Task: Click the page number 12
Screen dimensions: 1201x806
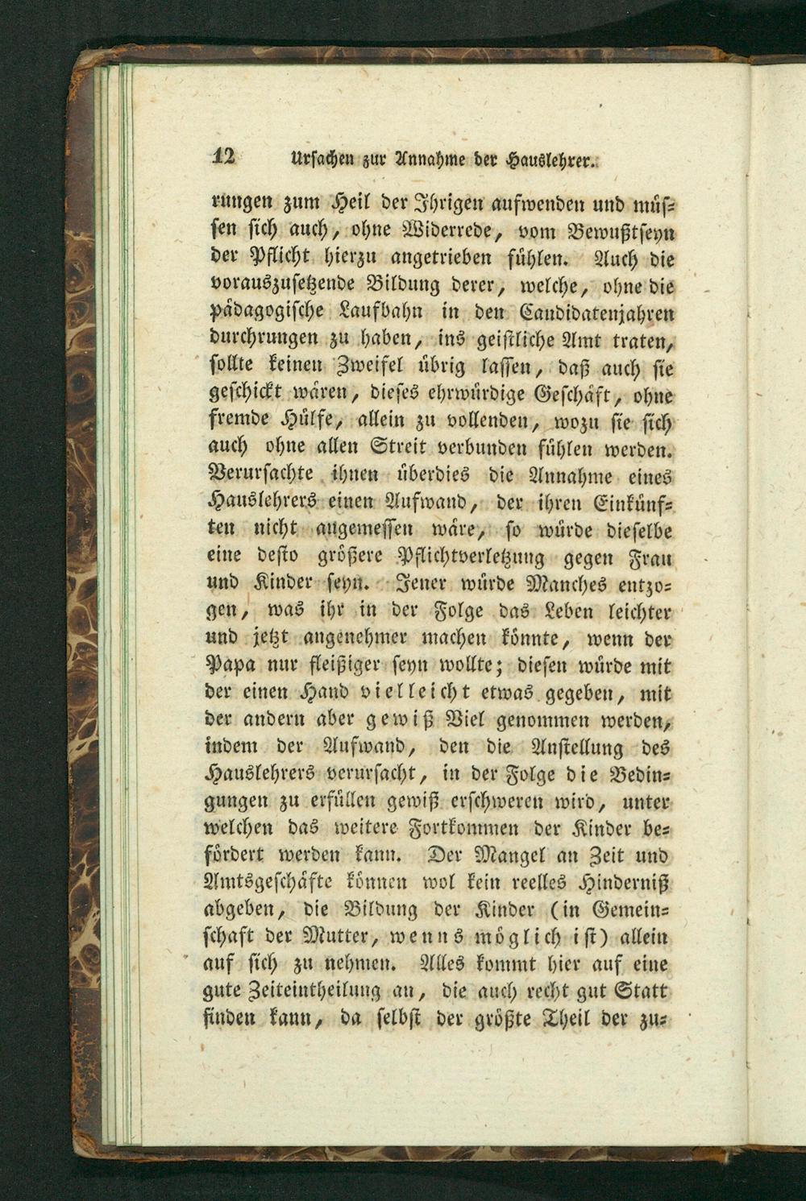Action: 223,157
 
